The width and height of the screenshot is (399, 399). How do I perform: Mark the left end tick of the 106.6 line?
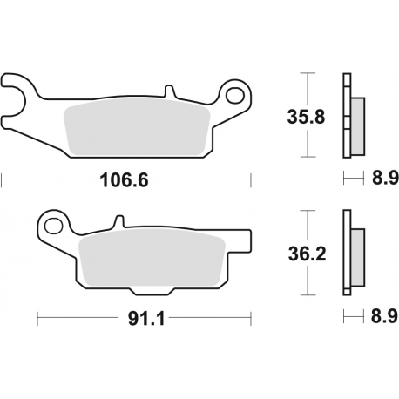point(3,180)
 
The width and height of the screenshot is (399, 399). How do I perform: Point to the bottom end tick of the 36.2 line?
point(307,294)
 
